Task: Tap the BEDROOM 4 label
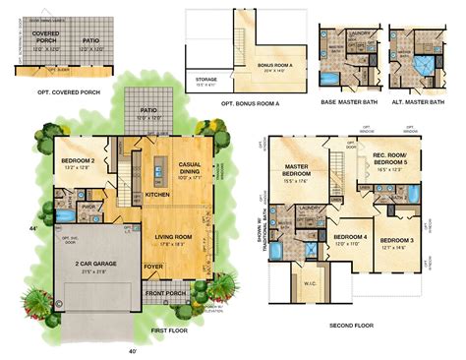[348, 238]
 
